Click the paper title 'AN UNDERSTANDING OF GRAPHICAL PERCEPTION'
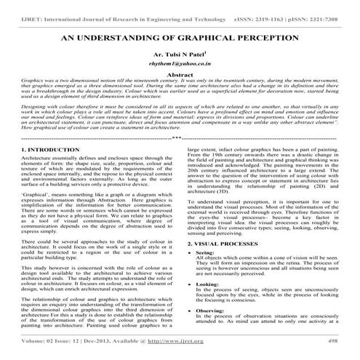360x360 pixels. pyautogui.click(x=180, y=34)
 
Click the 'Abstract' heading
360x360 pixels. pyautogui.click(x=180, y=74)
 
